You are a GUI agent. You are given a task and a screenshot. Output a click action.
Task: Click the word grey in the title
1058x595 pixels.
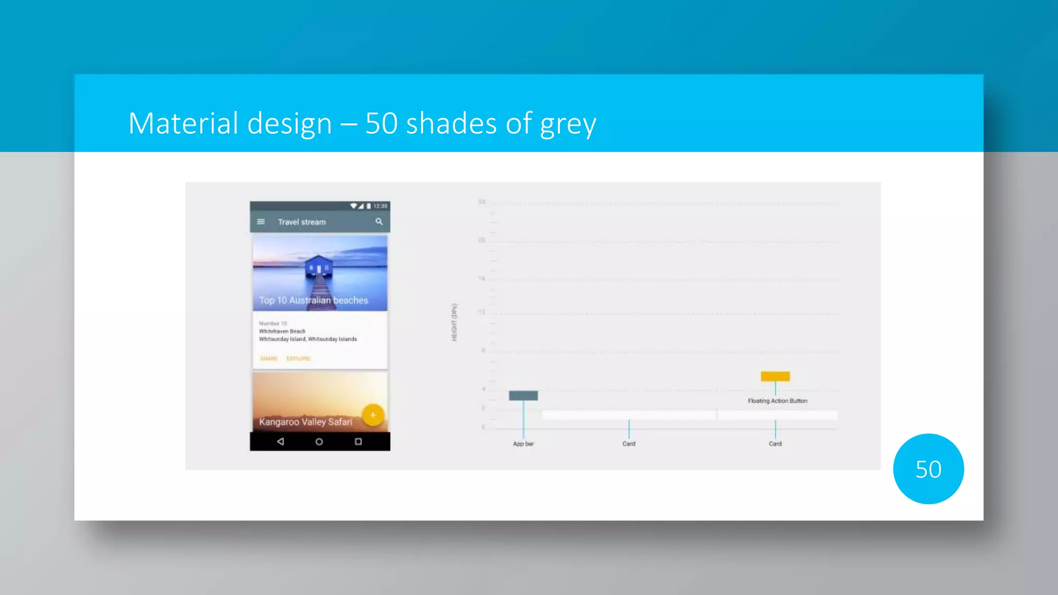[568, 124]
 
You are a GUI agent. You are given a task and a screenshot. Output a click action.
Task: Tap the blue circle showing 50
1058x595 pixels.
[928, 469]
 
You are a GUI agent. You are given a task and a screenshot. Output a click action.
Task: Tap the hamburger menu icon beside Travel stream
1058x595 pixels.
[261, 222]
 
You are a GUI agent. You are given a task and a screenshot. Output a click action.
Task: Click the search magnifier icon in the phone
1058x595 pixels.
[379, 222]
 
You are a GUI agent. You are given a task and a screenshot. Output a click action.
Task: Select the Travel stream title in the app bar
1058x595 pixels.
[302, 222]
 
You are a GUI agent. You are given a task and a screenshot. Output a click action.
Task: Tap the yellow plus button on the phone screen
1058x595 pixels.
[373, 415]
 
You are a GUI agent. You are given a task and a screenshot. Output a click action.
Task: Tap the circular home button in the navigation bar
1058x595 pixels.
[319, 442]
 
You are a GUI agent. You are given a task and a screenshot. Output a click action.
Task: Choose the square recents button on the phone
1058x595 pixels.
[358, 442]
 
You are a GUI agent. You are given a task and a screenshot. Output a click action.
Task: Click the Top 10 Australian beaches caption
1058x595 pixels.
[314, 300]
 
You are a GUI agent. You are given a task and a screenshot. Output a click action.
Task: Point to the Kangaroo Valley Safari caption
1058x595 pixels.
[305, 422]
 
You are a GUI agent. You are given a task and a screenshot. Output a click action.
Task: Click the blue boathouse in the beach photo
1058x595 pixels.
[319, 265]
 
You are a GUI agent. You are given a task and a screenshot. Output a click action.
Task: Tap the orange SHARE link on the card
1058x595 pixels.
[269, 358]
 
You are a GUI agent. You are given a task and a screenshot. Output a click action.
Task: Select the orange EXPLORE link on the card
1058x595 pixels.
[298, 358]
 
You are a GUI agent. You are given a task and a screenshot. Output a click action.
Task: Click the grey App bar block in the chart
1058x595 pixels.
[523, 396]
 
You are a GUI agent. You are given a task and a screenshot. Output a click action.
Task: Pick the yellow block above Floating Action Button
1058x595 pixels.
[775, 376]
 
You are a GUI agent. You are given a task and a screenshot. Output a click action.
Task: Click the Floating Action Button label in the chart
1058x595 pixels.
[777, 401]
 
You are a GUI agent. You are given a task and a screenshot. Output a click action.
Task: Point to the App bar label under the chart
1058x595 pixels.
[523, 444]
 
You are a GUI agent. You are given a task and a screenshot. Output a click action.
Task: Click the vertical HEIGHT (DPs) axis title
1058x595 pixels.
[455, 322]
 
